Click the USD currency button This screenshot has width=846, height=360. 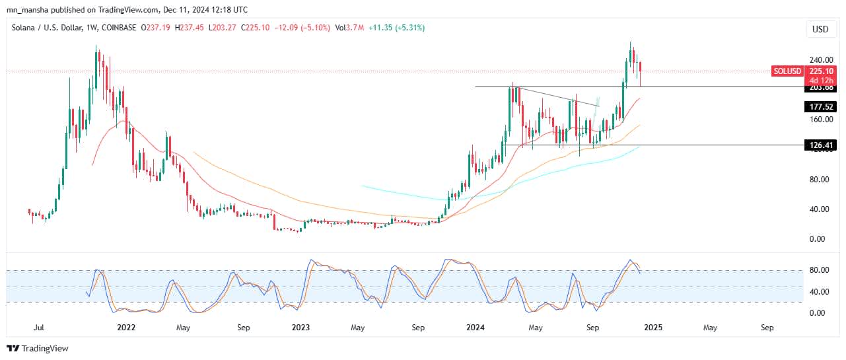tap(820, 29)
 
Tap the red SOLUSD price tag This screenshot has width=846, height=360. tap(787, 71)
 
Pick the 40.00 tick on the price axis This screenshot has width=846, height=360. tap(817, 209)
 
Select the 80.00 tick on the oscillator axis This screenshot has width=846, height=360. tap(817, 270)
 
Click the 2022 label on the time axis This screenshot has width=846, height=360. tap(126, 327)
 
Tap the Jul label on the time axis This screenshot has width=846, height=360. tap(39, 327)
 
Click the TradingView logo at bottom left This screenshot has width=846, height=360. tap(38, 348)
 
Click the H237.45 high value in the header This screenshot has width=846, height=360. tap(193, 28)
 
